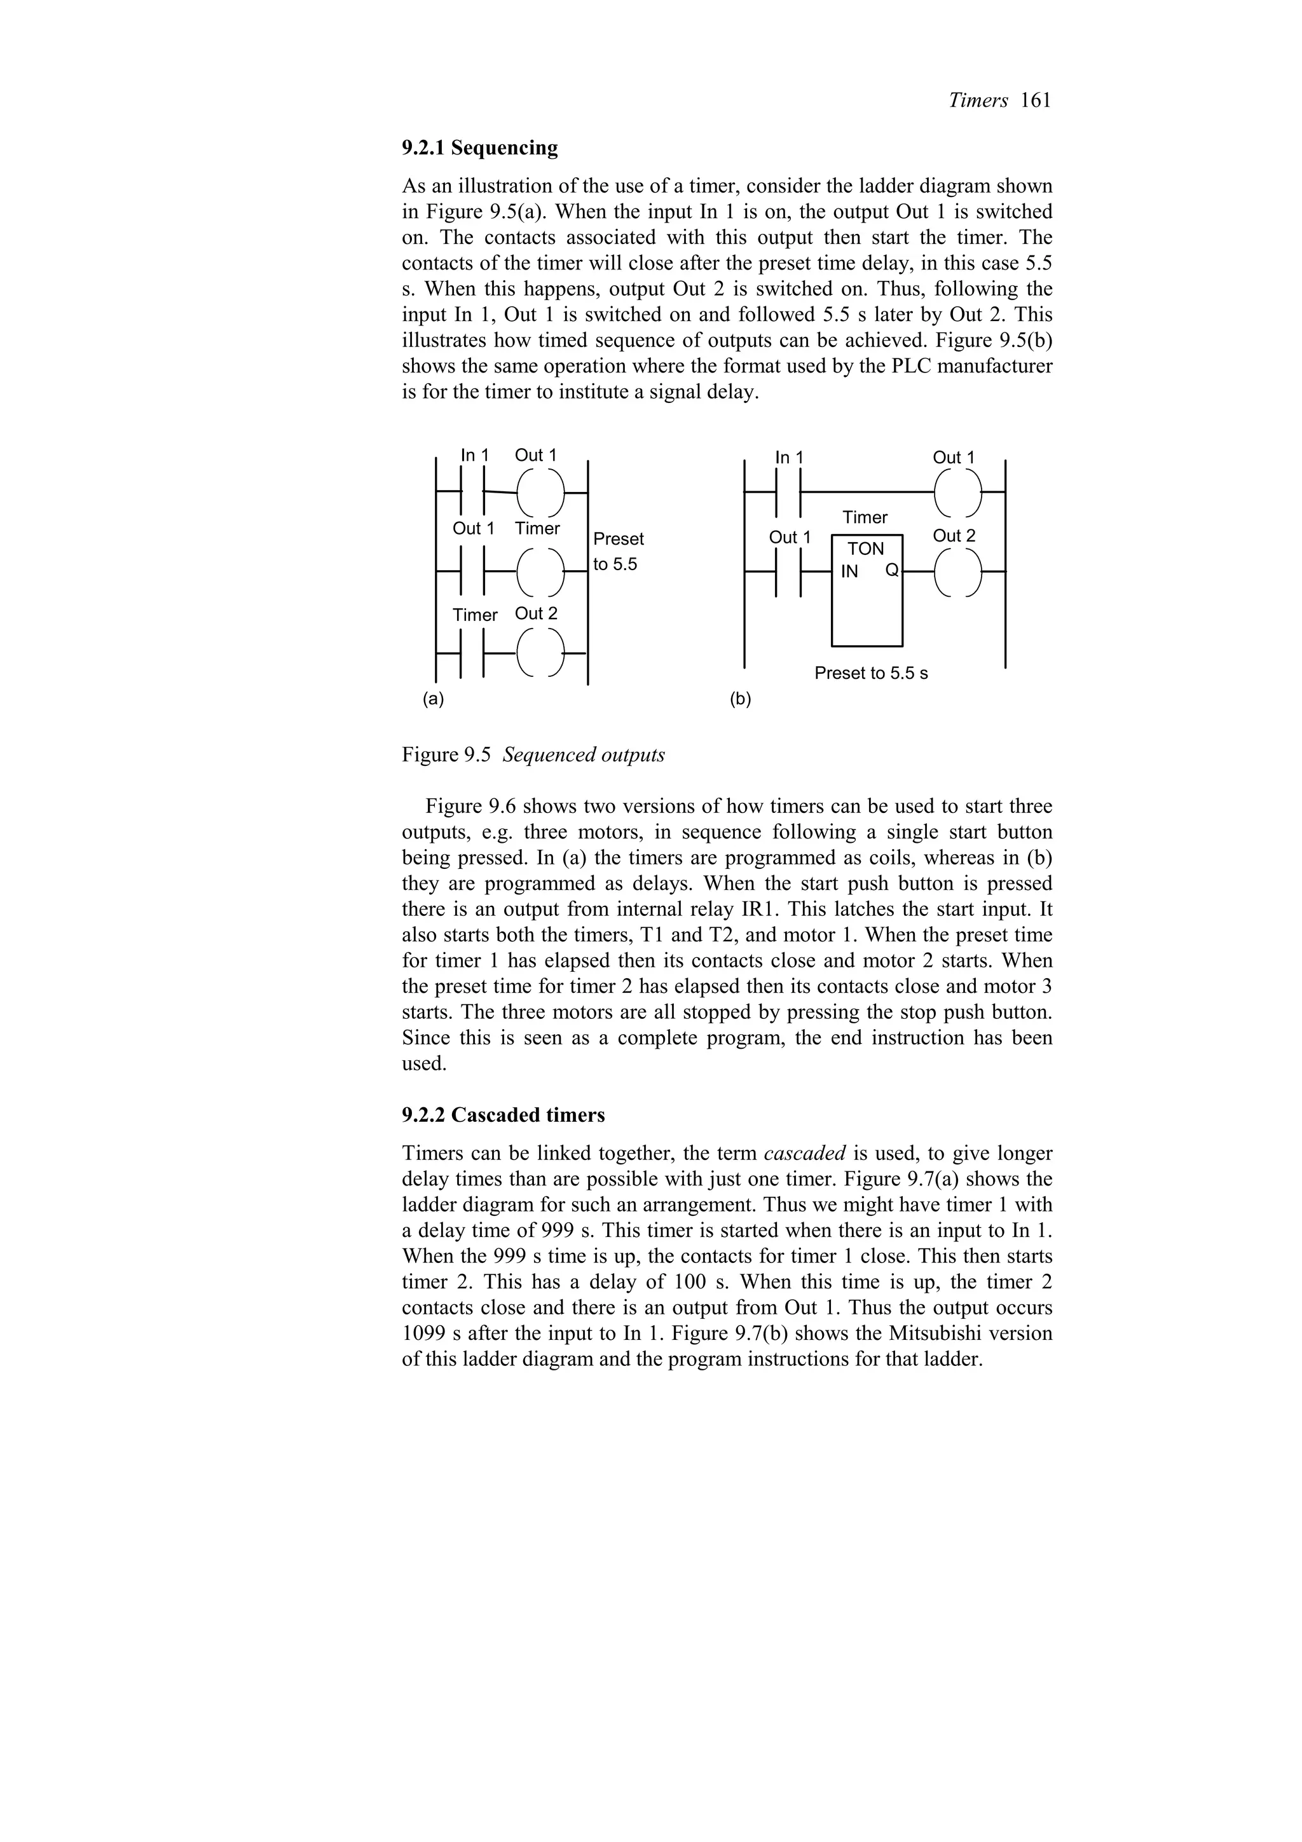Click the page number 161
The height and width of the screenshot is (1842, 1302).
point(1036,100)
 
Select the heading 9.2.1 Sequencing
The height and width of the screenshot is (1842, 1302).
point(480,147)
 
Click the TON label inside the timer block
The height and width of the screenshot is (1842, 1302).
point(866,549)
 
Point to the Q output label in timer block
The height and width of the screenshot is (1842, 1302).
point(892,571)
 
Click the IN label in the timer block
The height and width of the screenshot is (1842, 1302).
point(849,571)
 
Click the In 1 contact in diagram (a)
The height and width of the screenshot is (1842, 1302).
point(472,491)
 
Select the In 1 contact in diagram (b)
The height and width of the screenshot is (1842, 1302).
point(790,492)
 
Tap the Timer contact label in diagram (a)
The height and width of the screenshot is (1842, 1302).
point(475,615)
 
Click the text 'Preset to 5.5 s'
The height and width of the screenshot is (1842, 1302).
point(870,673)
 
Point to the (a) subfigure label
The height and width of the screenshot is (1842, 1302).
point(433,699)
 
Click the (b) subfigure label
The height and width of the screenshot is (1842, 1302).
point(741,700)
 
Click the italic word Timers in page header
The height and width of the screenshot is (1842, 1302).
point(978,100)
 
